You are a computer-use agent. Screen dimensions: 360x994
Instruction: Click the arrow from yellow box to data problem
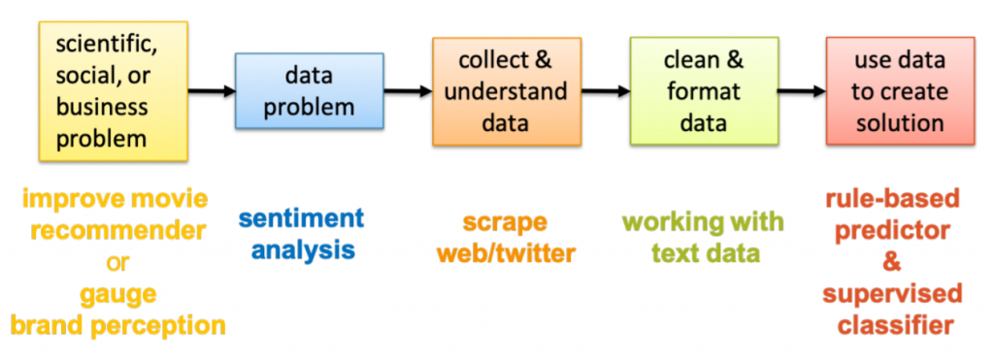(x=212, y=91)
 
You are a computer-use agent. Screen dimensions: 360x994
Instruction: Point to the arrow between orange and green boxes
(x=605, y=91)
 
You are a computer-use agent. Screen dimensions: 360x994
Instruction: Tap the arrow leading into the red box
(x=801, y=91)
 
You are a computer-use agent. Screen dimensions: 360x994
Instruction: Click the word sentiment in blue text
(x=301, y=217)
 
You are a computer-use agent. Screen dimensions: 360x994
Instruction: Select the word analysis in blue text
(x=303, y=249)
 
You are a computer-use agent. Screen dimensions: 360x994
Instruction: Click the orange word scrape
(x=505, y=221)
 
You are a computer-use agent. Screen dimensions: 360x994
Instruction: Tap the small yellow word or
(x=116, y=262)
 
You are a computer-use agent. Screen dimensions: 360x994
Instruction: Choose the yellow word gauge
(x=116, y=293)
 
